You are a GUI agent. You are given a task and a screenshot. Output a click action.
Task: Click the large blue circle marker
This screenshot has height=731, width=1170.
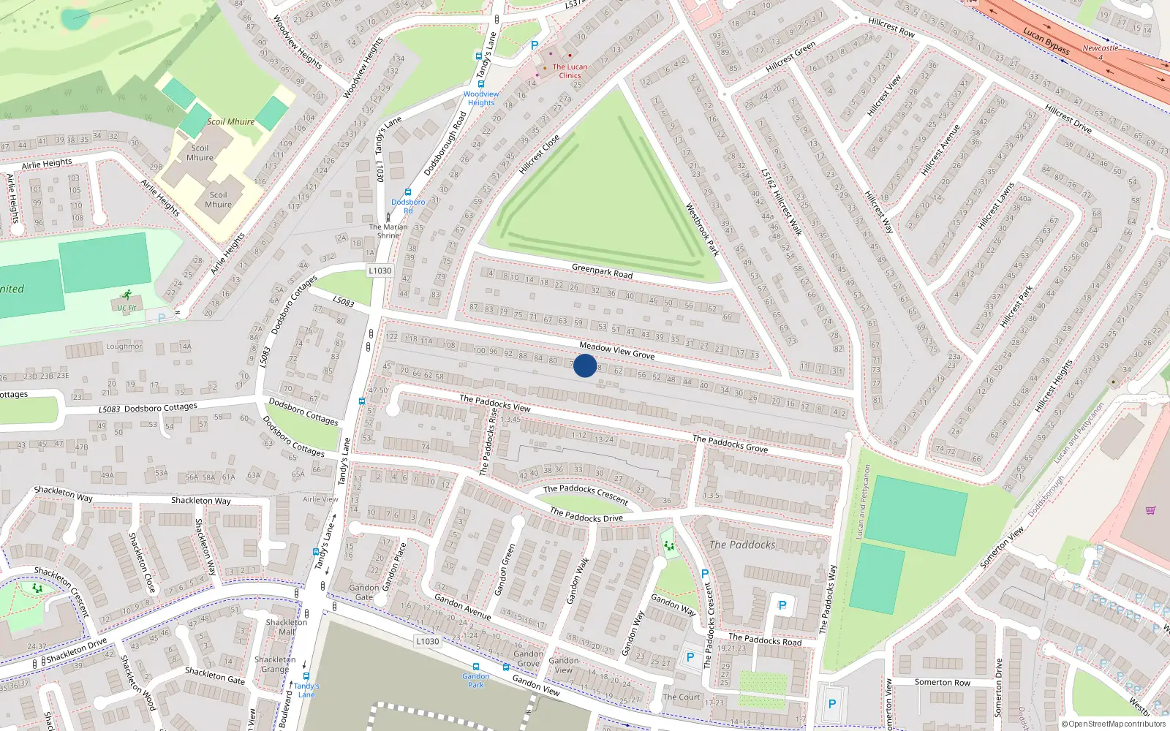pyautogui.click(x=585, y=365)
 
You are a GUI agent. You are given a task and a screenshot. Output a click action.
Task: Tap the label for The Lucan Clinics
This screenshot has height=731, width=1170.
pyautogui.click(x=570, y=71)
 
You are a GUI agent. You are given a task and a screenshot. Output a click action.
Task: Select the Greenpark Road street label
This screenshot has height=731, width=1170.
pyautogui.click(x=602, y=270)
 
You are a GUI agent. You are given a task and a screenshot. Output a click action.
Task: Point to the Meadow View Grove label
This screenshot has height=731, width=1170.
pyautogui.click(x=616, y=350)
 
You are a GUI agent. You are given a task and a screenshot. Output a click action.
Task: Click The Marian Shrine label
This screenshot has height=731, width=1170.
pyautogui.click(x=388, y=231)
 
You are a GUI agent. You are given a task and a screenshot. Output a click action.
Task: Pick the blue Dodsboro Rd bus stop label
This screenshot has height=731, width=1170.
pyautogui.click(x=408, y=206)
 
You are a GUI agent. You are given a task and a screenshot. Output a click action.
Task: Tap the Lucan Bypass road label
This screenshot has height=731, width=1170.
pyautogui.click(x=1046, y=41)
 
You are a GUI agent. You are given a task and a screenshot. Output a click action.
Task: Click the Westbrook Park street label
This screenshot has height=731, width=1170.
pyautogui.click(x=702, y=230)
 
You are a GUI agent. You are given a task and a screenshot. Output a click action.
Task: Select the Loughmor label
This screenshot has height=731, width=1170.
pyautogui.click(x=124, y=346)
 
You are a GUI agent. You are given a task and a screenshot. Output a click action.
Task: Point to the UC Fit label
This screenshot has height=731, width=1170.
pyautogui.click(x=127, y=308)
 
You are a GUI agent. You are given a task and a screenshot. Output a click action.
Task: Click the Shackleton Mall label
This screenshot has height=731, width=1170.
pyautogui.click(x=287, y=627)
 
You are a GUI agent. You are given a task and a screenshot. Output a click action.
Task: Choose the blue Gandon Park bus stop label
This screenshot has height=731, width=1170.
pyautogui.click(x=475, y=681)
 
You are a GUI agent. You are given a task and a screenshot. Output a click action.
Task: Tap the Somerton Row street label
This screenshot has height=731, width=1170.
pyautogui.click(x=942, y=682)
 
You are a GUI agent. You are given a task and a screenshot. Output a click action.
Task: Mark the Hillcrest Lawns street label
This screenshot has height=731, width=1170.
pyautogui.click(x=996, y=206)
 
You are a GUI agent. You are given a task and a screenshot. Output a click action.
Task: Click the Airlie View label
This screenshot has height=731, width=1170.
pyautogui.click(x=320, y=499)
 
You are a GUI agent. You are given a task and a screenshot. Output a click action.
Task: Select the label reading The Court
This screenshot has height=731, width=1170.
pyautogui.click(x=681, y=697)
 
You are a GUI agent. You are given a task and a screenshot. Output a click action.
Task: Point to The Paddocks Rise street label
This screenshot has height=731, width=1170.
pyautogui.click(x=488, y=442)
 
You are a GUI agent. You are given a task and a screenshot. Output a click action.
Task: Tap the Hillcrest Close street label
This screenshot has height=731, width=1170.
pyautogui.click(x=540, y=154)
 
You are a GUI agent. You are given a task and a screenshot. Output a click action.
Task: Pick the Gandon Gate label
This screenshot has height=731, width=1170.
pyautogui.click(x=364, y=592)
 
